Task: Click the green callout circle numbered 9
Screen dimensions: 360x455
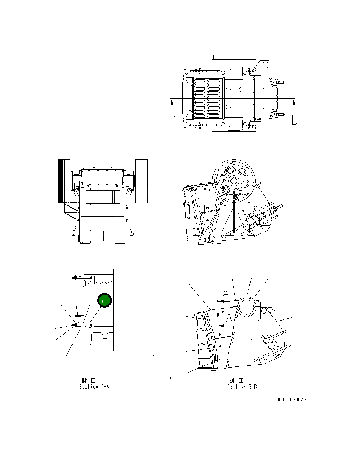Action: (104, 300)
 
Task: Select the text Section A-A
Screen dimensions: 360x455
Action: (94, 387)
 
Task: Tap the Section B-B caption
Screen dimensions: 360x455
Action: (242, 387)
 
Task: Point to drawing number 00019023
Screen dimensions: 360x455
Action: (292, 400)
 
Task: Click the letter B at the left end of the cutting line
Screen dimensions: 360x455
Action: (173, 120)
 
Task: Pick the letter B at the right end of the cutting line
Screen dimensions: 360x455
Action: (295, 120)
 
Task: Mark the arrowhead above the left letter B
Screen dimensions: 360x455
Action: (172, 103)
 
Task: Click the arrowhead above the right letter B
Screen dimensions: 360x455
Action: (294, 103)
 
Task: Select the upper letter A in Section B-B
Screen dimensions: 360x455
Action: (226, 293)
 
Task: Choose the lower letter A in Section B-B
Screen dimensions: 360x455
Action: (229, 318)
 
